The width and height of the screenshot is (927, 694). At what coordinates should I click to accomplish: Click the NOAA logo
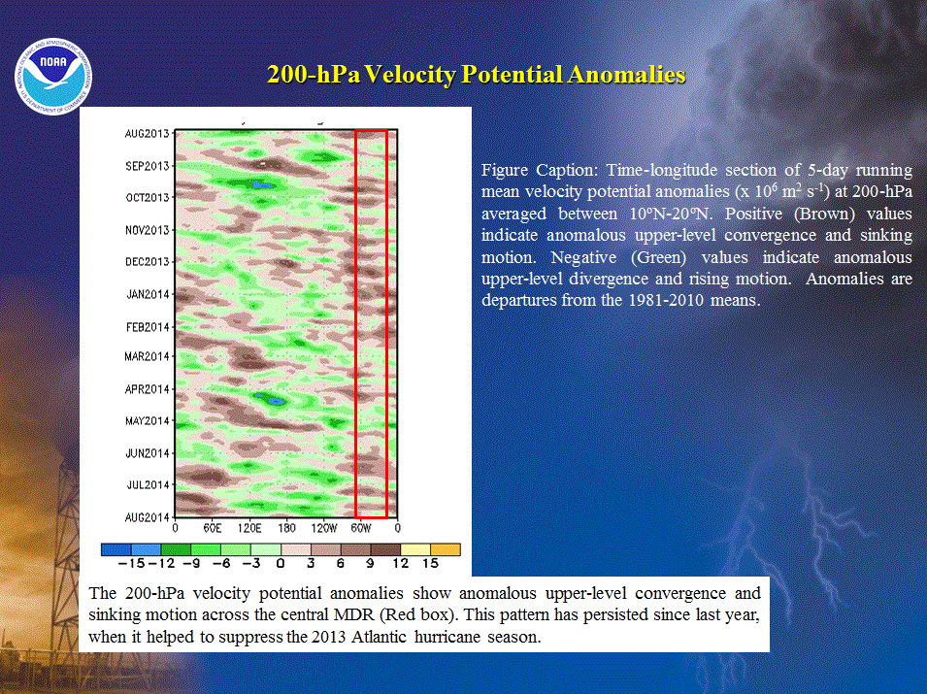(53, 77)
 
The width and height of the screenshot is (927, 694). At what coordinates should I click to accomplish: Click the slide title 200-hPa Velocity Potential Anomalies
(476, 75)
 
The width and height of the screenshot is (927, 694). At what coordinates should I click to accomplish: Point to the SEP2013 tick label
(148, 166)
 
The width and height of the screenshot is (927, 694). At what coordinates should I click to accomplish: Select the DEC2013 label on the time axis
(148, 262)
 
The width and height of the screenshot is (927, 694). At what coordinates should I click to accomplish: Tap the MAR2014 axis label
(148, 356)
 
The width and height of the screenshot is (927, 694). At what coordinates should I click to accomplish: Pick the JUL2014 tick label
(149, 485)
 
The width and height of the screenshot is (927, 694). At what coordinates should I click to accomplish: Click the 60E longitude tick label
(213, 528)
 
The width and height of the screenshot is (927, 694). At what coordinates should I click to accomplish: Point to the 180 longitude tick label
(286, 528)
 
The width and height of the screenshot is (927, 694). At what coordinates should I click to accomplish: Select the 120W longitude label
(324, 528)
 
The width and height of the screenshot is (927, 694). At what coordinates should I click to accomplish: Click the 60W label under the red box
(361, 528)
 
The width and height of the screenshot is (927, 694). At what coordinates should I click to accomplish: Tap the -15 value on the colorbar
(131, 563)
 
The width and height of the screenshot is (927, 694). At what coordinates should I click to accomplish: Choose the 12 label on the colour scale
(400, 563)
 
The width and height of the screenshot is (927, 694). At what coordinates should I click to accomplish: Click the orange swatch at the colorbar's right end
(446, 549)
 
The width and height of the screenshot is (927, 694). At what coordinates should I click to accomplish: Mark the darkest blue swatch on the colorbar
(116, 549)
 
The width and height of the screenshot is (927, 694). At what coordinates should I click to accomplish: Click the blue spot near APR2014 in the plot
(276, 402)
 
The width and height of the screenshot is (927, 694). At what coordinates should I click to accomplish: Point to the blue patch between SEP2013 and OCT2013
(262, 185)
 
